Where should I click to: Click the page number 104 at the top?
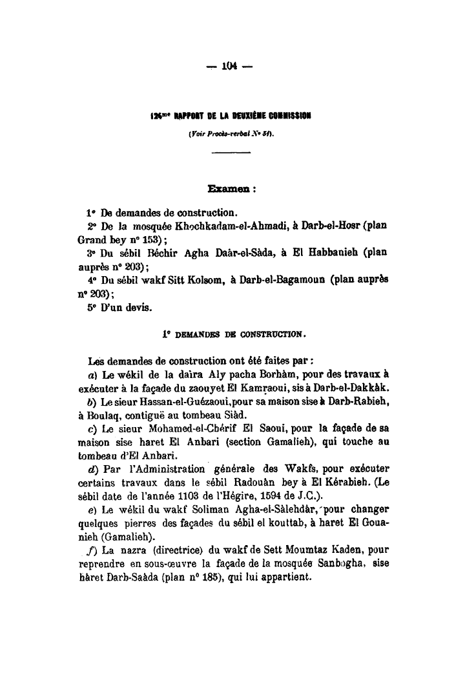pos(230,65)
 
